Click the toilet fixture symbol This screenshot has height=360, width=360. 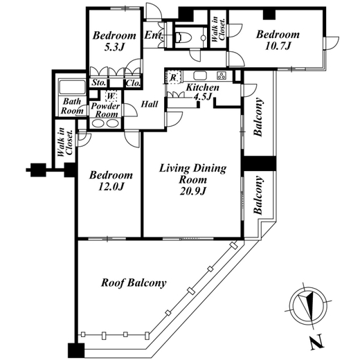pos(183,37)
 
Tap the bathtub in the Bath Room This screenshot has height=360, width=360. pos(72,87)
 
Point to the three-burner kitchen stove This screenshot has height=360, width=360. pos(222,75)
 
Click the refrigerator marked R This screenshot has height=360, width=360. pos(172,78)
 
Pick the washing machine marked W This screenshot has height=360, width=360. pos(111,96)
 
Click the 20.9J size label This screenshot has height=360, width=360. pos(192,191)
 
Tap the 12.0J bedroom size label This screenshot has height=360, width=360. pos(111,186)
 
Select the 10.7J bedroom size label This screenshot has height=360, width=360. pos(278,46)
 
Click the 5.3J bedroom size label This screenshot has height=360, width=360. pos(114,47)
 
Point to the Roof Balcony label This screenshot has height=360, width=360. pos(134,283)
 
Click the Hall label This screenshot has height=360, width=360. pos(150,105)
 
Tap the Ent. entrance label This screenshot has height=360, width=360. pos(154,35)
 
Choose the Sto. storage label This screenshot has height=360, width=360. pos(99,82)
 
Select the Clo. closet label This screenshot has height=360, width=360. pos(133,83)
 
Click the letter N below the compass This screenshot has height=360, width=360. pos(317,343)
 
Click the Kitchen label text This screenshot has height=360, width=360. pos(202,87)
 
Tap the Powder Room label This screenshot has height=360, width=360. pos(106,110)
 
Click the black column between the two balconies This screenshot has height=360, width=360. pos(258,163)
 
